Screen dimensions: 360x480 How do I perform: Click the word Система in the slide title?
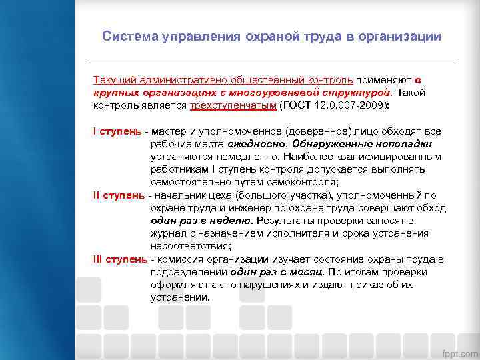pos(129,37)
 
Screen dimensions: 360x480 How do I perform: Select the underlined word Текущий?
pos(113,80)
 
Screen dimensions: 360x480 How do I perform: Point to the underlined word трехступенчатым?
pos(233,105)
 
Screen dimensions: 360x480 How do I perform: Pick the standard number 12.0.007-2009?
pos(353,105)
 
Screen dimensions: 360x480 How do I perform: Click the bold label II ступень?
pos(119,195)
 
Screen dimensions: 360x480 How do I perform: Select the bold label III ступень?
pos(120,259)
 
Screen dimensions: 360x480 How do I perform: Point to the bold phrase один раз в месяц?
pos(277,272)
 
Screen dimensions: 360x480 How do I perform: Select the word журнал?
pos(169,233)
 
